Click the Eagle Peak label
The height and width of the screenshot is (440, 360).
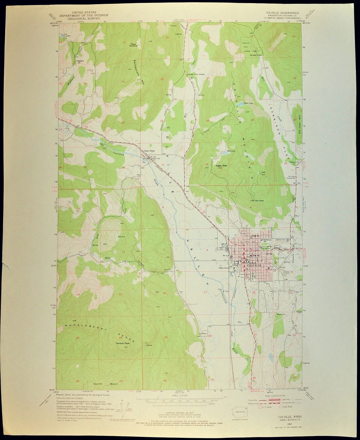click(x=221, y=165)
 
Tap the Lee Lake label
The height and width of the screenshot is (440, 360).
click(x=66, y=34)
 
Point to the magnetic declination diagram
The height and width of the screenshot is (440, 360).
click(x=125, y=408)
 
